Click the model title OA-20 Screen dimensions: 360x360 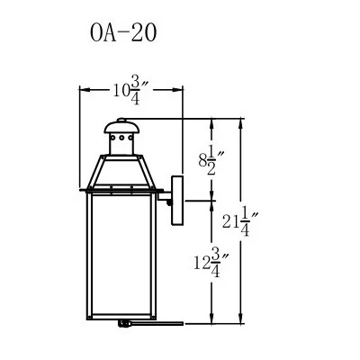click(x=123, y=32)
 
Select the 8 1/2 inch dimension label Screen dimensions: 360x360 click(x=211, y=163)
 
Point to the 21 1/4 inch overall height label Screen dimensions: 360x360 click(x=240, y=222)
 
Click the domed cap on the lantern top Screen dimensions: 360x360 click(x=121, y=128)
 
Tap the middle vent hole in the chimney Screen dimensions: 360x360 click(x=121, y=138)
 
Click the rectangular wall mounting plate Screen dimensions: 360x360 click(x=177, y=201)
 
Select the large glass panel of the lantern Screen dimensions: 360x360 click(x=121, y=255)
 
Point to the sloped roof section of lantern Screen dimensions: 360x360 click(x=121, y=172)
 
